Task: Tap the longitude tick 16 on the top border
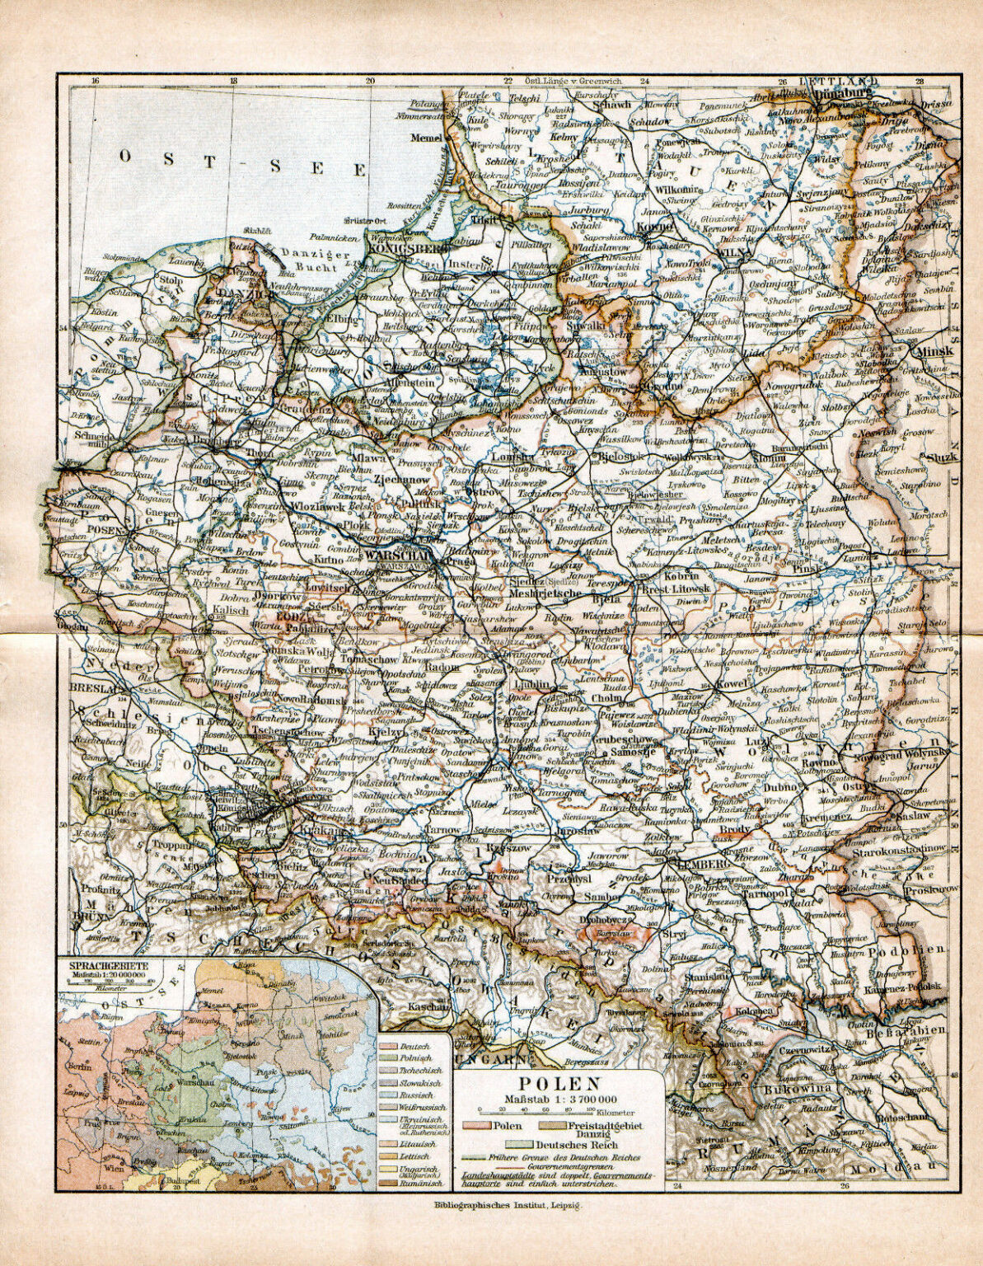[96, 81]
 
